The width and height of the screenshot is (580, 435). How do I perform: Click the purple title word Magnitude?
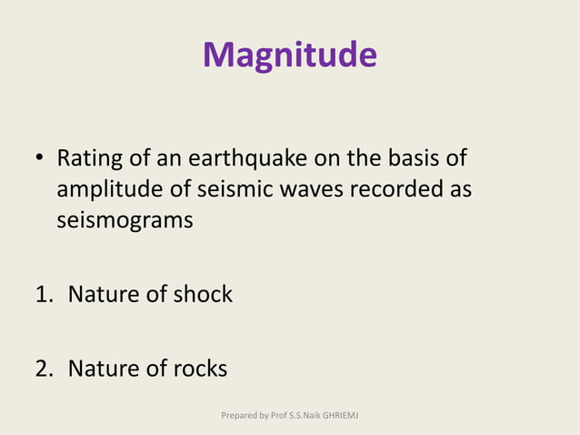(x=289, y=56)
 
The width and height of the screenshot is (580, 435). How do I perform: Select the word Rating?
(x=89, y=160)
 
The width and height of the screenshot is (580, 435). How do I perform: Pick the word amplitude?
(x=105, y=190)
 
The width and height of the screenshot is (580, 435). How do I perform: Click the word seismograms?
(x=125, y=221)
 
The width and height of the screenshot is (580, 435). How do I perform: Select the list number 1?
(x=44, y=295)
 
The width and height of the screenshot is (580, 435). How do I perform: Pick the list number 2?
(x=44, y=369)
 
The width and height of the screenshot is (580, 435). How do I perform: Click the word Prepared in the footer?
(x=239, y=416)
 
